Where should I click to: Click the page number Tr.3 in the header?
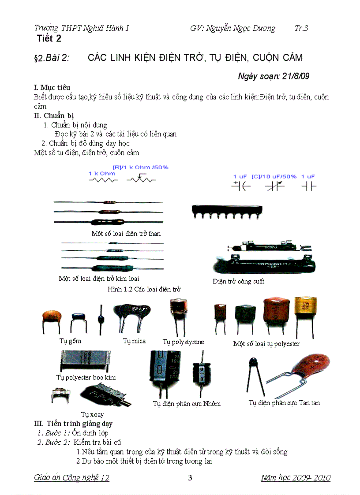[x=301, y=28]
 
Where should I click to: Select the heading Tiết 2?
[x=49, y=39]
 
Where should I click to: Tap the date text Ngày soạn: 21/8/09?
[x=274, y=76]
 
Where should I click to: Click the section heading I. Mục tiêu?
[x=52, y=87]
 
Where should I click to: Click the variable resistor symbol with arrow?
[x=141, y=179]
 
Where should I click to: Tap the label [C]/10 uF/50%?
[x=274, y=176]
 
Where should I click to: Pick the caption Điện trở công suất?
[x=238, y=281]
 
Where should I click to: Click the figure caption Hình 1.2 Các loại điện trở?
[x=144, y=289]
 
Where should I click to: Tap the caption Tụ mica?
[x=134, y=341]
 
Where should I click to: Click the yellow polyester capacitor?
[x=305, y=310]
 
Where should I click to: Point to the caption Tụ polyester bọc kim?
[x=86, y=377]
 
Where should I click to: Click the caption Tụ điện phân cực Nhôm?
[x=187, y=403]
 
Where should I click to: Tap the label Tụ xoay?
[x=93, y=414]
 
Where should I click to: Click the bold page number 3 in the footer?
[x=190, y=478]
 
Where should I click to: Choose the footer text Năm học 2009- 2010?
[x=295, y=478]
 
